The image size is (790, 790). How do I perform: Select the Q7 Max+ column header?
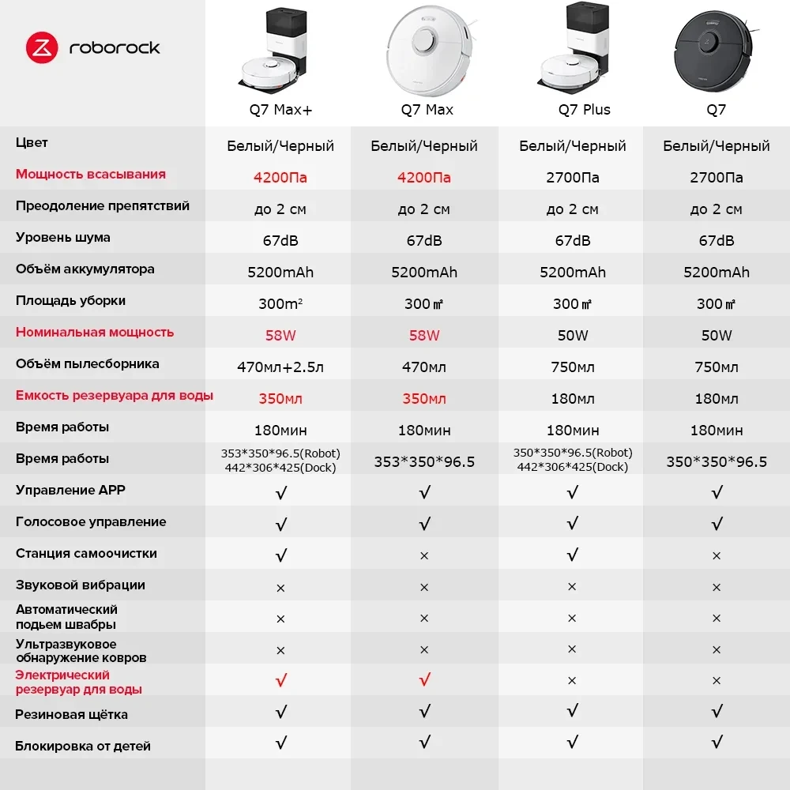280,110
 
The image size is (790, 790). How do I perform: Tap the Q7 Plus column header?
584,110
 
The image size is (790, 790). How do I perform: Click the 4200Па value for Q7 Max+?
280,178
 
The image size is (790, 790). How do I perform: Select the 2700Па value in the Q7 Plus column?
573,178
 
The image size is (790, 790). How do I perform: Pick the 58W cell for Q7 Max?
424,336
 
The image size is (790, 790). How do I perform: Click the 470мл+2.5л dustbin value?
280,367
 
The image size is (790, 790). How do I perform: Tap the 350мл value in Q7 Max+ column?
280,399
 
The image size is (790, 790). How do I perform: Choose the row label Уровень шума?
63,238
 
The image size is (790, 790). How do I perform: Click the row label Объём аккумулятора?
85,269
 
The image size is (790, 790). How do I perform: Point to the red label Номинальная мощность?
95,333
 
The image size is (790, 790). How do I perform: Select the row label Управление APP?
70,491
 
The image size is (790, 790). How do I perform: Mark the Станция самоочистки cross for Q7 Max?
424,556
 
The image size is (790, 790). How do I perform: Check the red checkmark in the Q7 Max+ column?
280,680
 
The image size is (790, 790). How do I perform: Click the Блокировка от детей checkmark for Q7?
717,743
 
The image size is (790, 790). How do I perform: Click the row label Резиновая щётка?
72,715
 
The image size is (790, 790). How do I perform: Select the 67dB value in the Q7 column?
717,241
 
